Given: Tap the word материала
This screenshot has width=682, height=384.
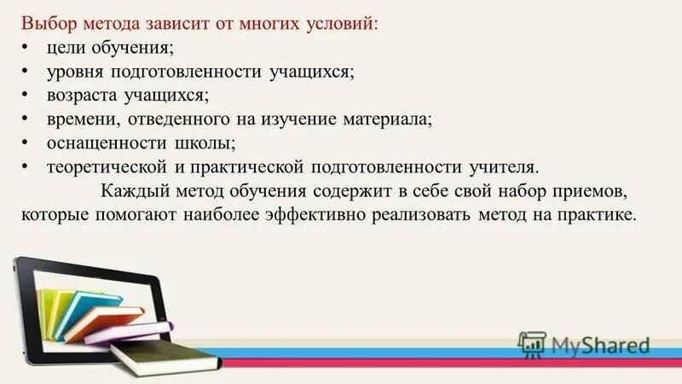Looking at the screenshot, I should coord(393,119).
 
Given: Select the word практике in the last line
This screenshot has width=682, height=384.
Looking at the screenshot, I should coord(600,214).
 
